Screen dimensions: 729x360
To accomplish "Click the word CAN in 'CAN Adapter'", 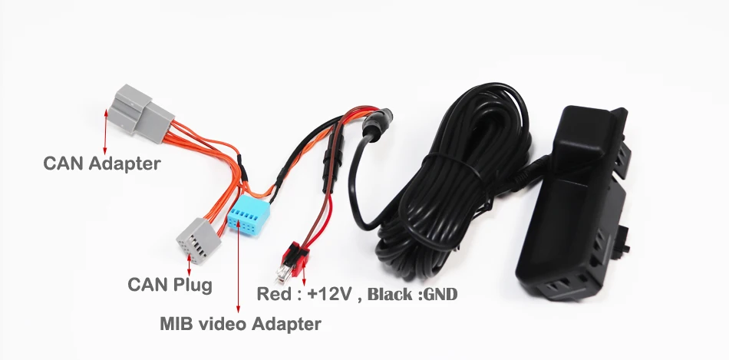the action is point(64,163).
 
